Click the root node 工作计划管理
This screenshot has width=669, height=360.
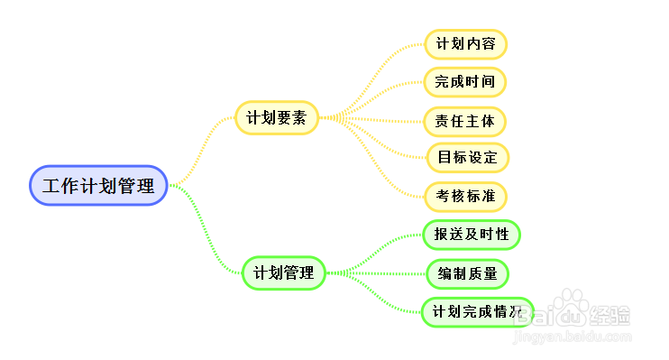pos(98,185)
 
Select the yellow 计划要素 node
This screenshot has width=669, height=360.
pos(277,117)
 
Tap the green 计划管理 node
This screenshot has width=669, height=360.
pos(283,272)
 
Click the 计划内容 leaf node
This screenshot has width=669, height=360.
pos(465,43)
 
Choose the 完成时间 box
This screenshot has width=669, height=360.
pos(465,81)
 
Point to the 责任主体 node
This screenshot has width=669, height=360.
pos(465,120)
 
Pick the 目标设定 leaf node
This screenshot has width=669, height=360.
pos(467,157)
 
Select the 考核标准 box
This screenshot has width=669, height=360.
pos(465,196)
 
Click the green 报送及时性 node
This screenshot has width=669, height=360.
pos(472,235)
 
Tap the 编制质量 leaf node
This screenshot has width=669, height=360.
pos(468,273)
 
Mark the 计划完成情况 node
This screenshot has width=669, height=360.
pos(477,312)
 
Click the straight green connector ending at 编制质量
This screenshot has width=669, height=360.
pos(379,272)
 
